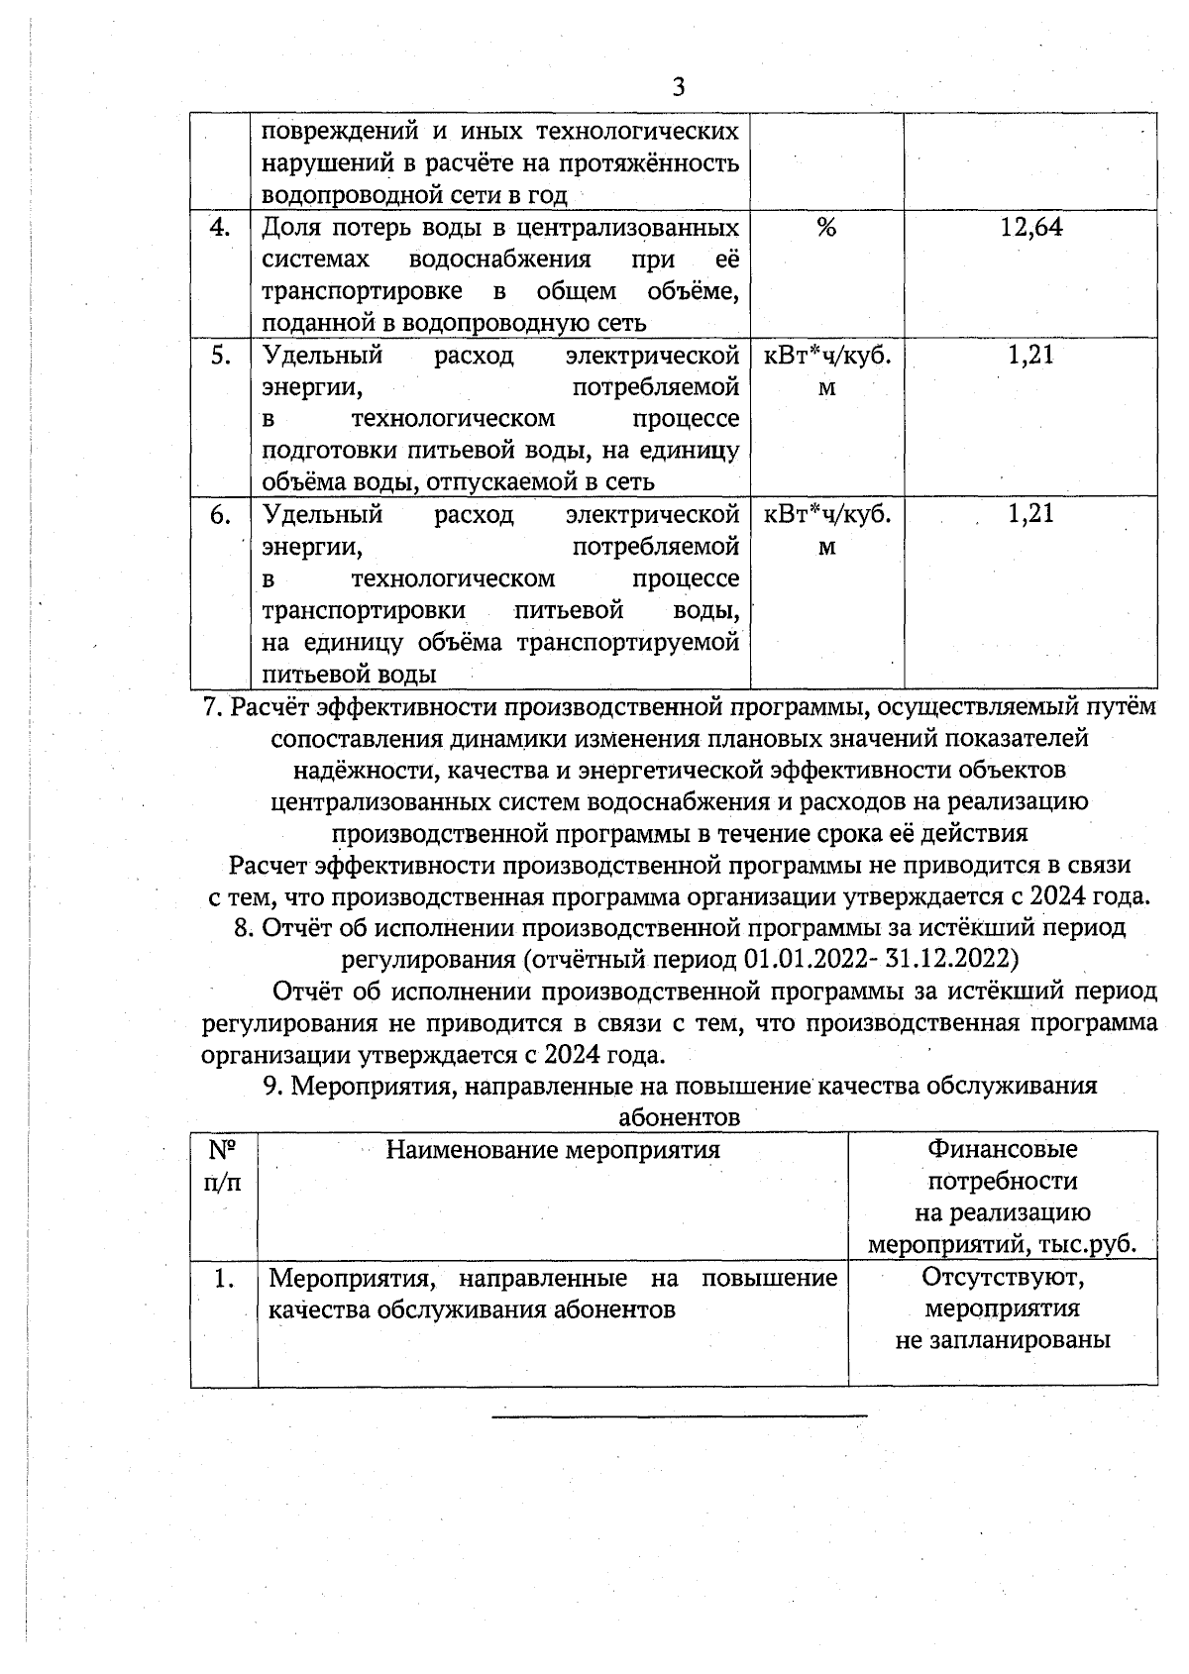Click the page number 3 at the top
[679, 87]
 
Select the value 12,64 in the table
[1030, 228]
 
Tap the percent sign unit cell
[826, 228]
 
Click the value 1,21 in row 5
[1030, 355]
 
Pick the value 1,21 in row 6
[1030, 513]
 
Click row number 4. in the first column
[220, 228]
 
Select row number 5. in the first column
[220, 355]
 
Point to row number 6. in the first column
[220, 514]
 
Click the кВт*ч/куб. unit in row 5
[826, 356]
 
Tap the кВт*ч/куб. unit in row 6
[826, 514]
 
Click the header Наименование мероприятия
[552, 1149]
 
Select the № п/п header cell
[223, 1165]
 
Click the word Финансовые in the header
[1002, 1149]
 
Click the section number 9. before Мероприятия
[273, 1086]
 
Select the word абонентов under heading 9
[679, 1117]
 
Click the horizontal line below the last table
[679, 1415]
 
